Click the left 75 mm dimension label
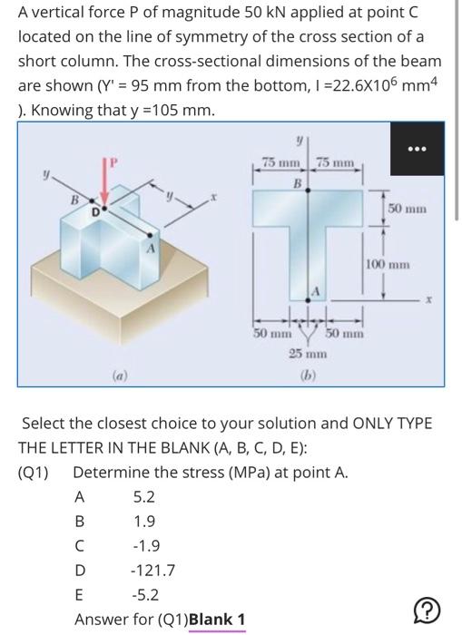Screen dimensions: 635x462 (280, 161)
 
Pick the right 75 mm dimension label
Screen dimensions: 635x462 (339, 161)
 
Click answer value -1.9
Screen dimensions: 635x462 (146, 547)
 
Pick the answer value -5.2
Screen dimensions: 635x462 (146, 596)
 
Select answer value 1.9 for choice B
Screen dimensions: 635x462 (143, 522)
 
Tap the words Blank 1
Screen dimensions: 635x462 (216, 620)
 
